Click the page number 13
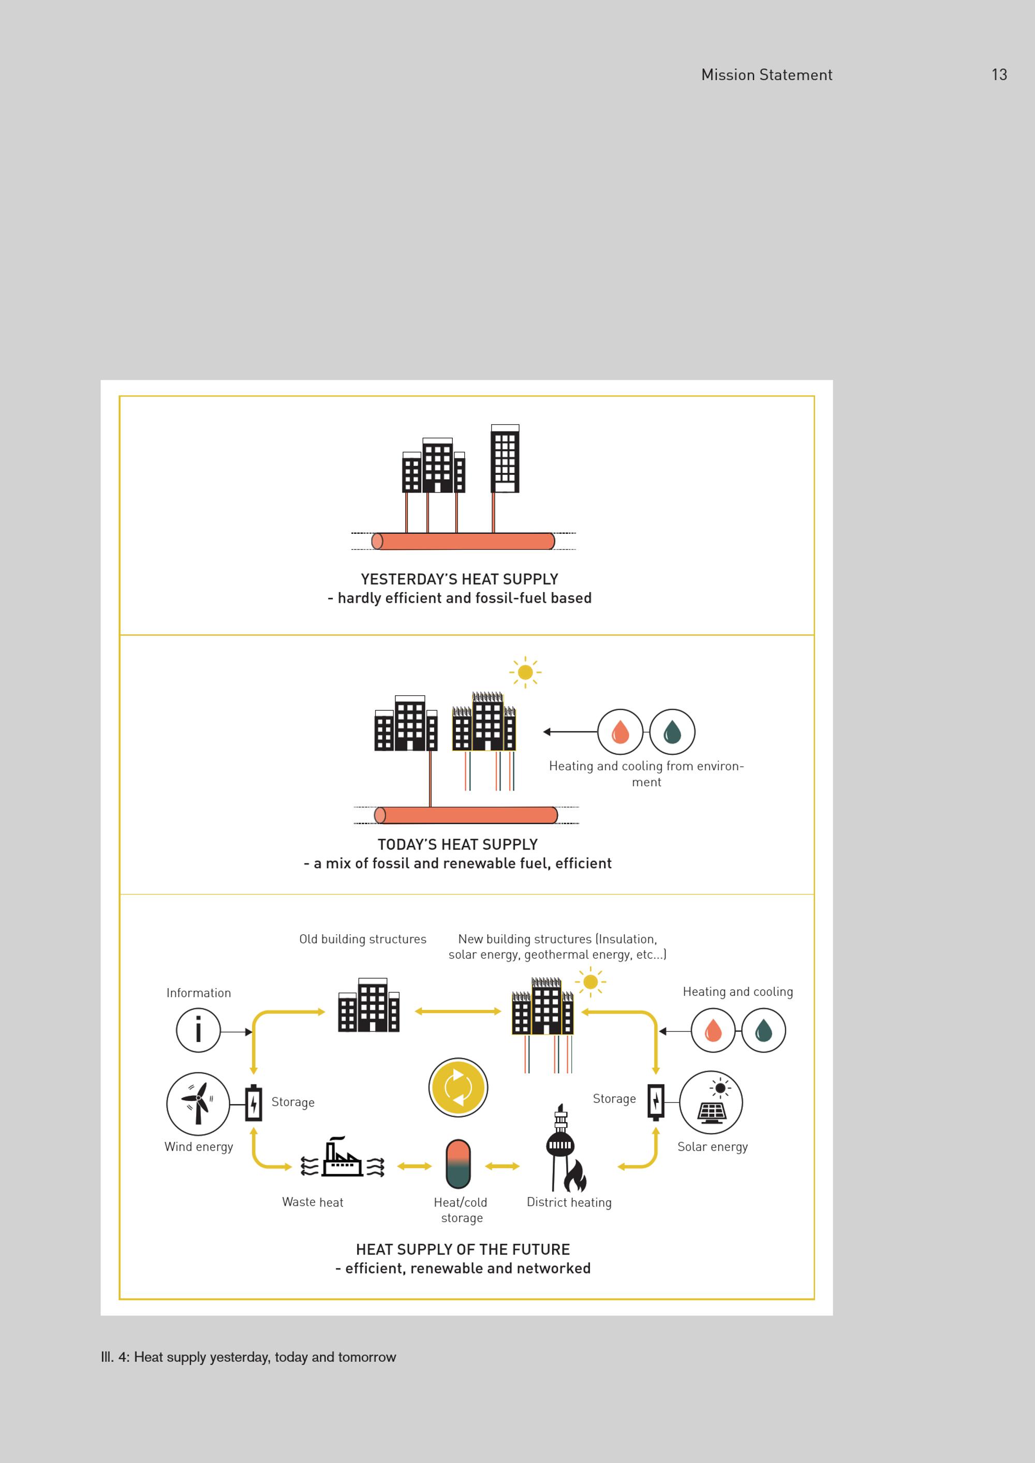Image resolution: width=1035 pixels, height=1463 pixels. (x=999, y=75)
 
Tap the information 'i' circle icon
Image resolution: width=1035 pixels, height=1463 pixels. (x=198, y=1031)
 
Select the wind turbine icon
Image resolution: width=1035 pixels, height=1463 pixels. (x=198, y=1103)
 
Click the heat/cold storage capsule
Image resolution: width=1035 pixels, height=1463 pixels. (x=458, y=1164)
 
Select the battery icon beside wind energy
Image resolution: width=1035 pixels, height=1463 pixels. (x=254, y=1103)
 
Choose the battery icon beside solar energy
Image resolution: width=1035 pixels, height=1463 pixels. (x=656, y=1102)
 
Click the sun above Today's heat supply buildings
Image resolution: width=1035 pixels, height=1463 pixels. (x=525, y=672)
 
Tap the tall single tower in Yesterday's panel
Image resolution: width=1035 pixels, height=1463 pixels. (x=505, y=458)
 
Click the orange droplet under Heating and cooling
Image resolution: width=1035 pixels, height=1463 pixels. (x=713, y=1031)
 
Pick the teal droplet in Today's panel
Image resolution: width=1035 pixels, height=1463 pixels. (x=672, y=731)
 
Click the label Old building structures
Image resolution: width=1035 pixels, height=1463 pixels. (x=363, y=939)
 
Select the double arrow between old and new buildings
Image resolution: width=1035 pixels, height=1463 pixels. (x=457, y=1011)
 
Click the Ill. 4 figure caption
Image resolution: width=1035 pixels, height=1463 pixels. (x=248, y=1357)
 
